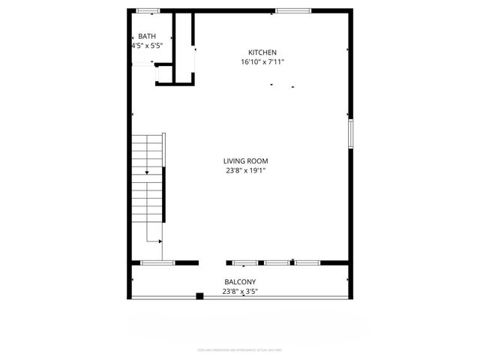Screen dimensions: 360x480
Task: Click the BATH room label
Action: point(146,37)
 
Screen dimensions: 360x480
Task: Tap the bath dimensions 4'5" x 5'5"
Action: point(147,46)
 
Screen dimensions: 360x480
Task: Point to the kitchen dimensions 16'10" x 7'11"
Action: point(262,62)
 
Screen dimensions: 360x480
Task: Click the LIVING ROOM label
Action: point(245,160)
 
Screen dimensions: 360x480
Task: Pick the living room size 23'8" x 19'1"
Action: point(245,170)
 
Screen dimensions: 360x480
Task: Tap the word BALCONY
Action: point(240,282)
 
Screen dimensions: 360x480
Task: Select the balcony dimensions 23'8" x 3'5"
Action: point(240,292)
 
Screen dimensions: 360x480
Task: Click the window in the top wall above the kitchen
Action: point(293,10)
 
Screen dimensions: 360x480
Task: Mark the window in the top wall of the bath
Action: point(148,10)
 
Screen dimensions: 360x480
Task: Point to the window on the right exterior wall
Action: point(349,133)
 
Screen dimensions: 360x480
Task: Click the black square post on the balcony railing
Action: point(199,296)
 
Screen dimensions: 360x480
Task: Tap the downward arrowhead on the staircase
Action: point(147,173)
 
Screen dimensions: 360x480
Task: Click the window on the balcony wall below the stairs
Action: point(157,262)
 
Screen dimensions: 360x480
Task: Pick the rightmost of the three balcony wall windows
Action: point(307,262)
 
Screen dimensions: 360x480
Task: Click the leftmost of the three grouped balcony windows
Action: point(245,262)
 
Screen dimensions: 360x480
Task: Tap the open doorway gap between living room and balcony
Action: point(212,262)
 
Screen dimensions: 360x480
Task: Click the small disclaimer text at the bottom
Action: point(240,349)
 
